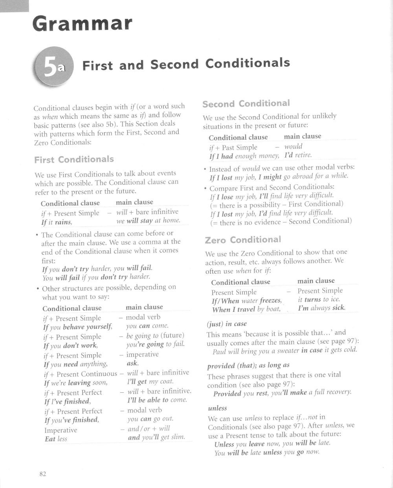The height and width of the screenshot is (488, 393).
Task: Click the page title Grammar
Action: (81, 24)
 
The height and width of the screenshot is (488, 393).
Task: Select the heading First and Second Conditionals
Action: (186, 64)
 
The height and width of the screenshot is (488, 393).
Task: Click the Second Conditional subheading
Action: (246, 104)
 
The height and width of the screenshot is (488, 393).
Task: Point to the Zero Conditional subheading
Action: (243, 240)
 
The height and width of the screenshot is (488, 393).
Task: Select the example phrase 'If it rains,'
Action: (57, 222)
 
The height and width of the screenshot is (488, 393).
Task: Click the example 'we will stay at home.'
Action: (148, 220)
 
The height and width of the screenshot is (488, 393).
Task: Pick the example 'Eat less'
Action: (56, 439)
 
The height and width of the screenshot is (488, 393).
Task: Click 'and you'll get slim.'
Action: (156, 437)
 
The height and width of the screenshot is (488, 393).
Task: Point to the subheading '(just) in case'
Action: (226, 324)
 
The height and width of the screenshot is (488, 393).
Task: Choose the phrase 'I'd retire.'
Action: (298, 155)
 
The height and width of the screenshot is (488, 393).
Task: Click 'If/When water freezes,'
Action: (246, 301)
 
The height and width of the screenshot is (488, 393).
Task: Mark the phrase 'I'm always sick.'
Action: (321, 308)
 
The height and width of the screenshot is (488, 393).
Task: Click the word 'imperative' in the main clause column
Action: (142, 354)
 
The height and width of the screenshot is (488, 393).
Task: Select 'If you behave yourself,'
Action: (78, 327)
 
